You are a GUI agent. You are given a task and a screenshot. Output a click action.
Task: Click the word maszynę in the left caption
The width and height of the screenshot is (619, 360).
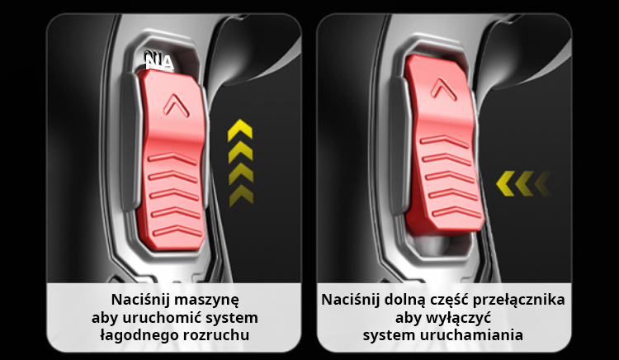(x=207, y=300)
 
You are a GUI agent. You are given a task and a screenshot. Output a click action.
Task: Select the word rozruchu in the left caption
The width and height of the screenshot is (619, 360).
(x=216, y=335)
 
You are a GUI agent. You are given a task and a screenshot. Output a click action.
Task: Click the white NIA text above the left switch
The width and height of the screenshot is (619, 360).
(x=159, y=63)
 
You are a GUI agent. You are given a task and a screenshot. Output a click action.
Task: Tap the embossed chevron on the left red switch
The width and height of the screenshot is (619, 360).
(x=177, y=105)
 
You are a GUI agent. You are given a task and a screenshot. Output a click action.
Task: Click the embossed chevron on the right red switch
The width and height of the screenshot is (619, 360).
(x=444, y=88)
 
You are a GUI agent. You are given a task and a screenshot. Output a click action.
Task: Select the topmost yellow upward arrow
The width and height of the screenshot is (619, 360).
(x=240, y=130)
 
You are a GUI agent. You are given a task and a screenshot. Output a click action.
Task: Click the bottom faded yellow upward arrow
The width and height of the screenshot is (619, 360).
(x=241, y=197)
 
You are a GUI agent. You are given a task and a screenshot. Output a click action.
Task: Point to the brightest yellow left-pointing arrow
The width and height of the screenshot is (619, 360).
(x=505, y=183)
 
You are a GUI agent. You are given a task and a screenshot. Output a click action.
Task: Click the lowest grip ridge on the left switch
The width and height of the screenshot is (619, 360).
(x=177, y=231)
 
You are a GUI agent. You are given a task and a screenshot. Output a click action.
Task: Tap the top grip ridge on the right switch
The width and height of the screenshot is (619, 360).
(x=444, y=141)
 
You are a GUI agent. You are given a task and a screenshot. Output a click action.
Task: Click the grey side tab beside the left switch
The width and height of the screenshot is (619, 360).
(x=130, y=142)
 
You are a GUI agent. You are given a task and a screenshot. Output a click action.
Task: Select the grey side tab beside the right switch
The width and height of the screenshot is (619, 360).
(x=399, y=146)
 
